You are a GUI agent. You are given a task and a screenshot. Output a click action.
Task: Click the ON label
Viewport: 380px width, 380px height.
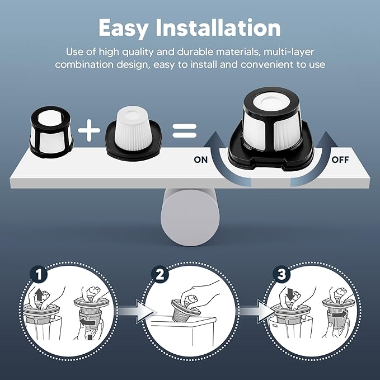pos(201,160)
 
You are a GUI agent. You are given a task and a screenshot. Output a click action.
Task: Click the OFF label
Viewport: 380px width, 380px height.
pos(340,160)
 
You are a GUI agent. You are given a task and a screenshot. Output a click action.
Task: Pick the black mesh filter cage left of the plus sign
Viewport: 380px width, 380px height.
pos(51,130)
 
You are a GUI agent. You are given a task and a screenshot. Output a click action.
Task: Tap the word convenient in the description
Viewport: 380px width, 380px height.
pos(269,65)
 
